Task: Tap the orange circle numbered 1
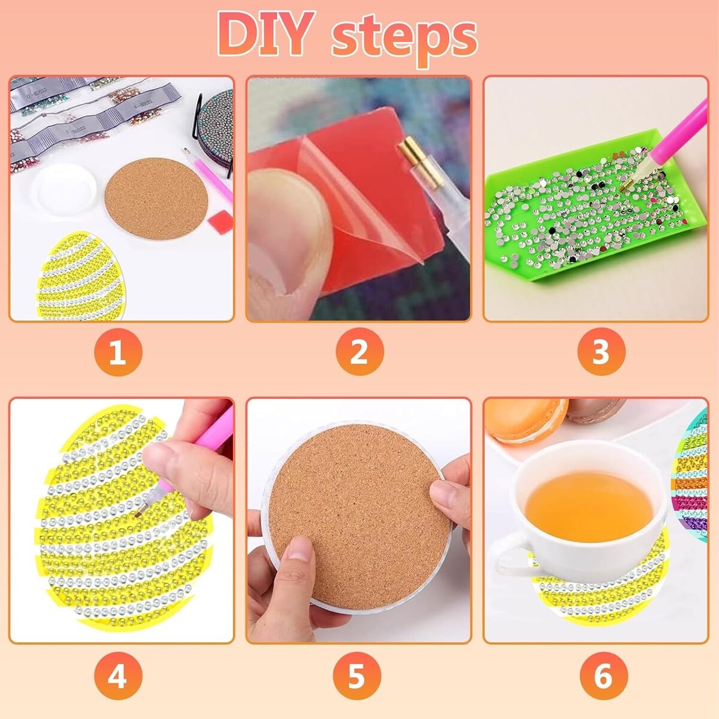point(118,352)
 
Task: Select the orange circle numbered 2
point(359,352)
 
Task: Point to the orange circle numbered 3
point(601,352)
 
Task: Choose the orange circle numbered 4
point(118,676)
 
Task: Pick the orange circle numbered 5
point(357,676)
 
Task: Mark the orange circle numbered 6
point(604,676)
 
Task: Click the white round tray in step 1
point(64,189)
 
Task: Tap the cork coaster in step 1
point(156,200)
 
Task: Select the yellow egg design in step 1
point(81,276)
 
